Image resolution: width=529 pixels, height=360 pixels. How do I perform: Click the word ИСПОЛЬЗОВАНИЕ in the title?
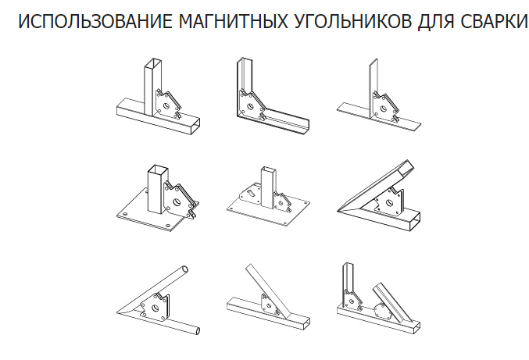95,21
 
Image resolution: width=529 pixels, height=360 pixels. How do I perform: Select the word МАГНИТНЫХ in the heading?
233,21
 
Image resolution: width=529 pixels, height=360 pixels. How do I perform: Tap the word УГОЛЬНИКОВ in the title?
353,21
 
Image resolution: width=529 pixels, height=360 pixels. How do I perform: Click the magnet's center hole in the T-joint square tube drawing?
166,106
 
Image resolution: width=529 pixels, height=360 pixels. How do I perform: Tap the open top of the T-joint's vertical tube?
153,63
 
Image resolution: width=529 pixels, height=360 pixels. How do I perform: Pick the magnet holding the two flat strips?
385,107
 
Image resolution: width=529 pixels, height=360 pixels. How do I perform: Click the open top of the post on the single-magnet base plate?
158,169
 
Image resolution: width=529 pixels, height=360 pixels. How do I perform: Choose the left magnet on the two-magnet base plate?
250,194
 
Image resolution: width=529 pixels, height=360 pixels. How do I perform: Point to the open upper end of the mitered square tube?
406,168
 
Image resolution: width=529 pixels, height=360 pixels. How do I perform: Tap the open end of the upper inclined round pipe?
184,270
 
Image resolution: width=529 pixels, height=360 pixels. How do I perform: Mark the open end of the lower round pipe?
196,330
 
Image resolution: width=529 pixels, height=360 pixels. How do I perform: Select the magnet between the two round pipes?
155,308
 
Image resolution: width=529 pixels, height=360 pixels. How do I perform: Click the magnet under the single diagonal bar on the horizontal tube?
270,305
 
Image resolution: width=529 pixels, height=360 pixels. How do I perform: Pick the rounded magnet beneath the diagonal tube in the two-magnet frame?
383,312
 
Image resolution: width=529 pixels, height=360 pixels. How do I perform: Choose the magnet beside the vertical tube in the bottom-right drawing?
353,300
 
